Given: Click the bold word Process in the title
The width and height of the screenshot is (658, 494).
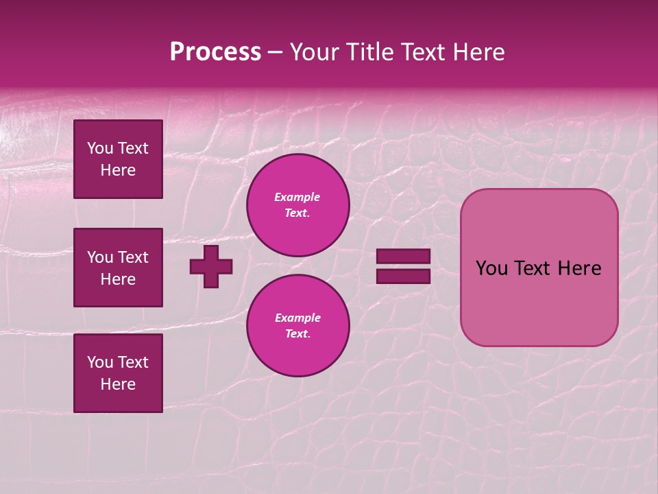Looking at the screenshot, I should point(215,52).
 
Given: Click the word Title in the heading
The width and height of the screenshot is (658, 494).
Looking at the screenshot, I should point(371,52).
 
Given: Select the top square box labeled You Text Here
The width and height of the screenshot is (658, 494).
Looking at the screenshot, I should point(118,159).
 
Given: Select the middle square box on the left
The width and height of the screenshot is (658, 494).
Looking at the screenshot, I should point(118,268).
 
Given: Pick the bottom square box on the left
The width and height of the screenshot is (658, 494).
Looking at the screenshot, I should point(118,373).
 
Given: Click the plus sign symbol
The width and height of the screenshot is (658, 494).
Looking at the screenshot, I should point(211,266).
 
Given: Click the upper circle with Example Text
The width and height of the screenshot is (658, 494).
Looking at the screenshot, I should point(297,205).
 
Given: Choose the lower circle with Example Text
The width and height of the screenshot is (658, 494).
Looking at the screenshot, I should point(297,326).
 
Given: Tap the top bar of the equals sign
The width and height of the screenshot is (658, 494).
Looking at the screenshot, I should point(403,257).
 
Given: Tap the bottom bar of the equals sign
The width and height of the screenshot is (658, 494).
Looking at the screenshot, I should point(403,276).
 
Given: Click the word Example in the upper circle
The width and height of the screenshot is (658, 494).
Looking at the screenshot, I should point(297,197).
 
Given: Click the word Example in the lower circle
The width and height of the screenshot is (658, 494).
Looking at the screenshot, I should point(297,318).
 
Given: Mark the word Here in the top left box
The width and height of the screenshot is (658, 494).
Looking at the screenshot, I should point(118,170).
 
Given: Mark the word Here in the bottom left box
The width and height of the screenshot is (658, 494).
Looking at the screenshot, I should point(118,384).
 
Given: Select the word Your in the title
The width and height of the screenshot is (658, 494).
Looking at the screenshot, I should point(315,52).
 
